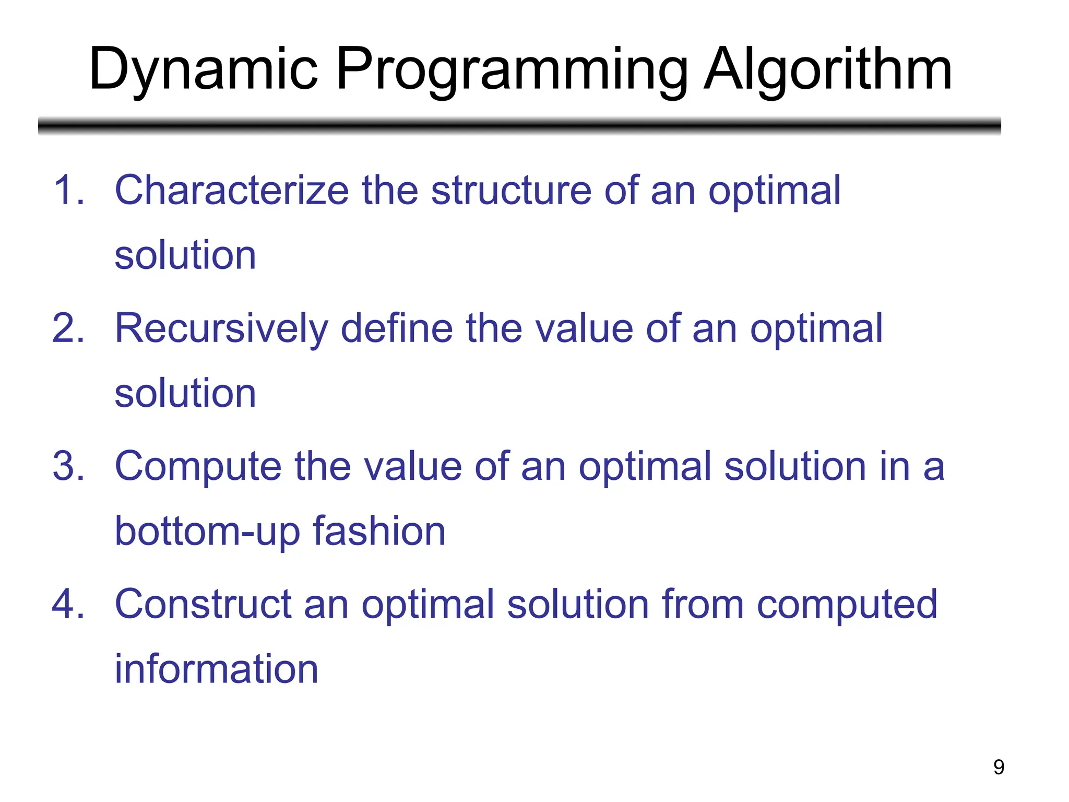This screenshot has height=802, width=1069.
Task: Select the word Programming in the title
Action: pos(512,70)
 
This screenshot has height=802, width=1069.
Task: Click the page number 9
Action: pos(999,767)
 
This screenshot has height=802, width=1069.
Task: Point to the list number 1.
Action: pos(68,190)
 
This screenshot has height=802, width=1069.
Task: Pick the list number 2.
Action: pos(68,328)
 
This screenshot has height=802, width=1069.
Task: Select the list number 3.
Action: pos(68,466)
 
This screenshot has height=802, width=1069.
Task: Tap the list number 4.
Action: pos(68,604)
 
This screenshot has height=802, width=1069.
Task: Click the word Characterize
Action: pos(232,190)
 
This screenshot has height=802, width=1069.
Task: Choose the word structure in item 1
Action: pos(511,190)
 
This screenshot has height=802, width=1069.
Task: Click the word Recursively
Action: pos(221,328)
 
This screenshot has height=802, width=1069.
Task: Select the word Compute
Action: pos(198,466)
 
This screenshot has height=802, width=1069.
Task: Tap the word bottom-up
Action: pos(207,532)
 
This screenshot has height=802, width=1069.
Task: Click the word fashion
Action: pos(379,532)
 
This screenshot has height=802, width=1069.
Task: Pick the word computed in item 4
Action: pos(847,604)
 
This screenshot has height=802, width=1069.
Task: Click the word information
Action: pos(216,669)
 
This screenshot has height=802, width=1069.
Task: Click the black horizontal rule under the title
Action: pos(519,126)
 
